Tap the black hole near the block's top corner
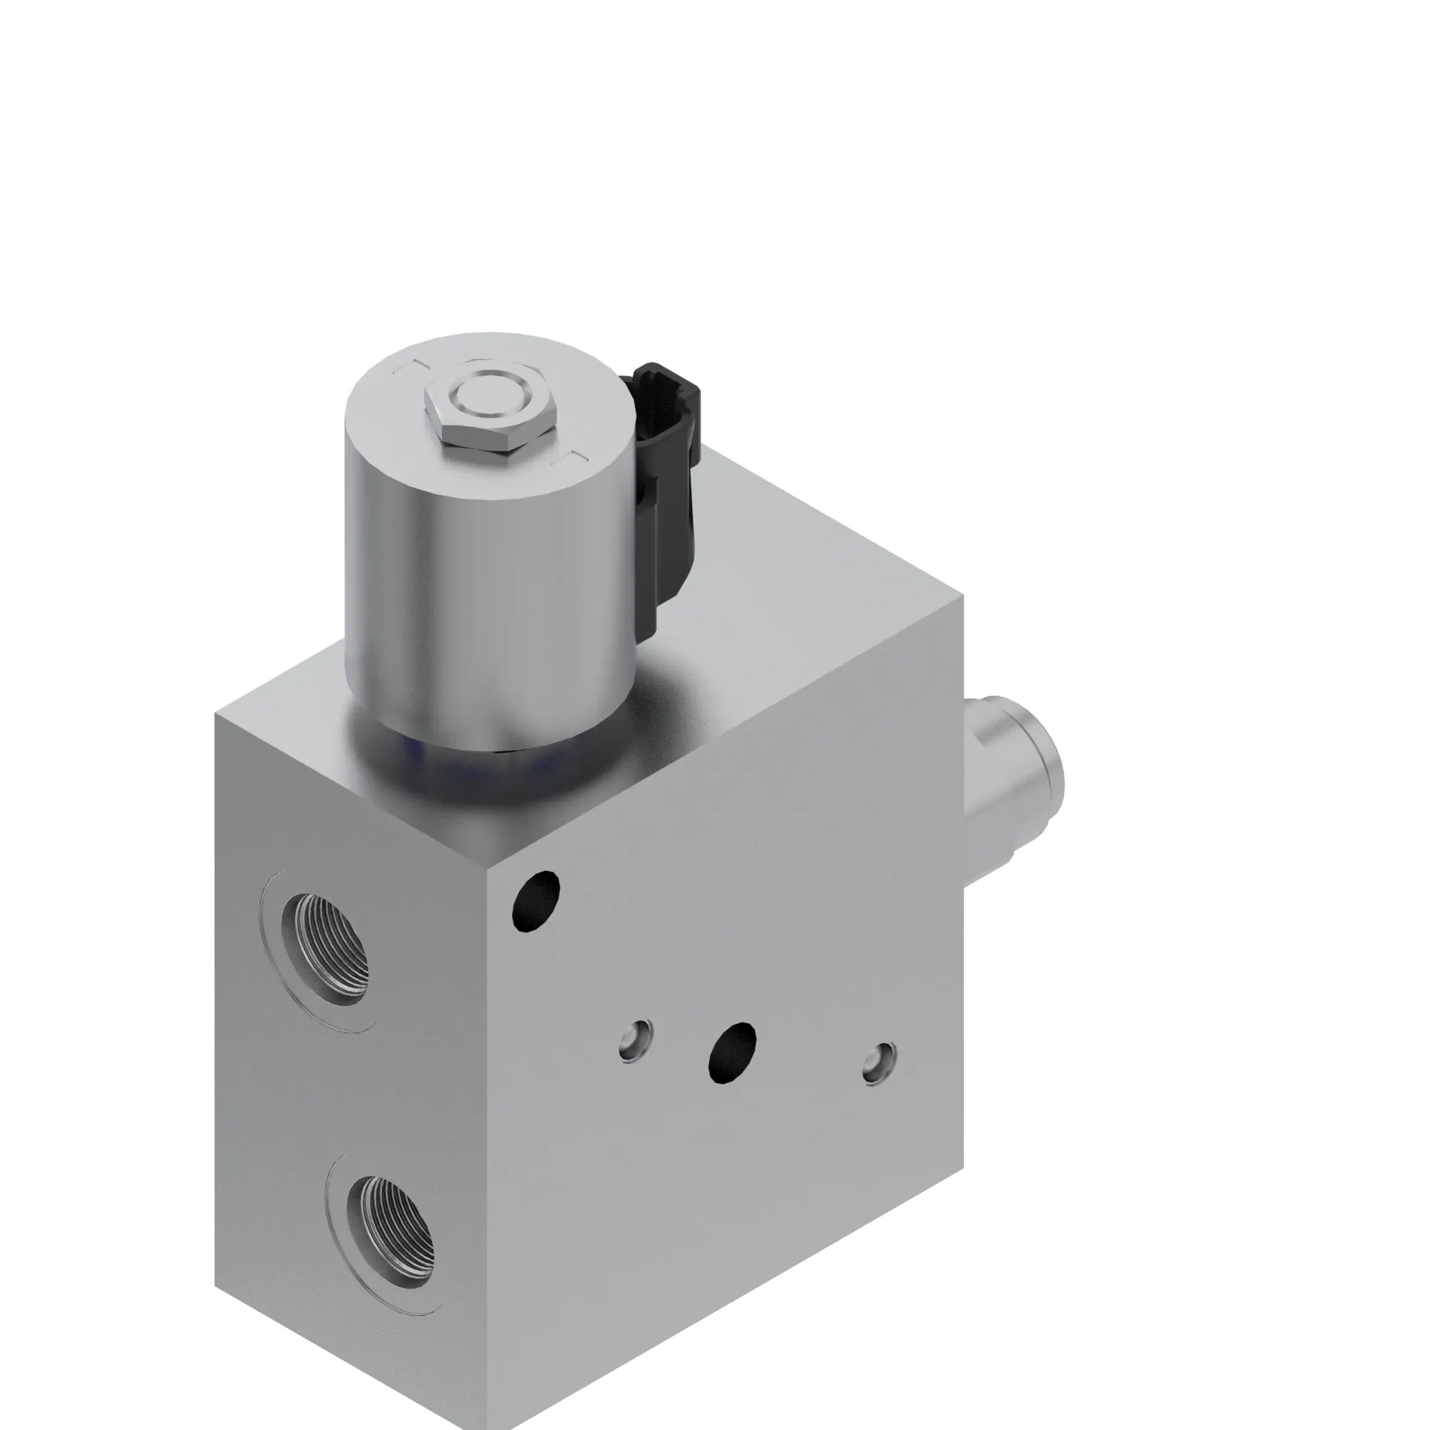(x=536, y=901)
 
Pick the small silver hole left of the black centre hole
(x=636, y=1040)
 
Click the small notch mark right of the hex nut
(x=568, y=458)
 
